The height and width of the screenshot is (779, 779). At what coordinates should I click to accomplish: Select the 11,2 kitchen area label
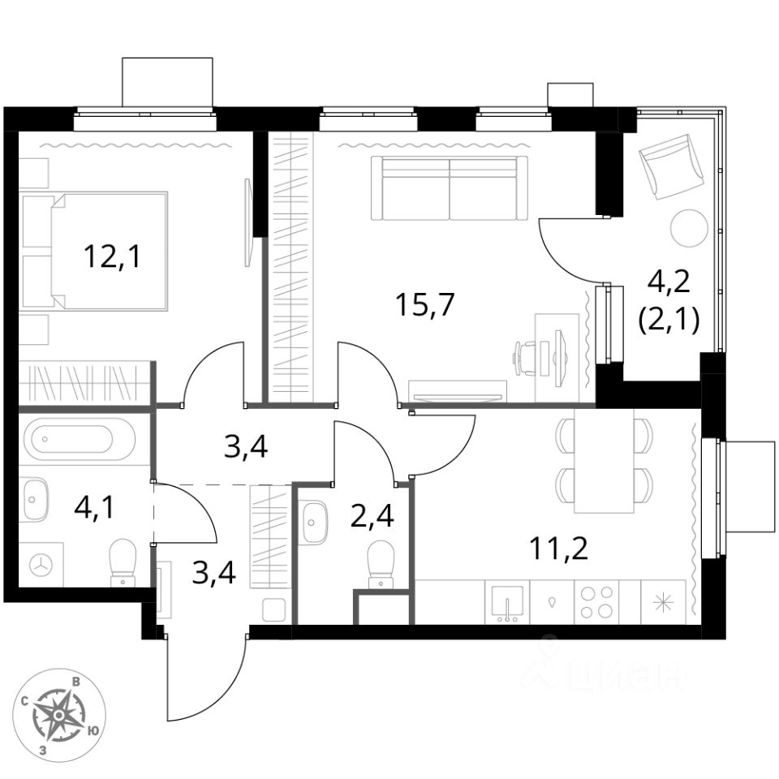558,549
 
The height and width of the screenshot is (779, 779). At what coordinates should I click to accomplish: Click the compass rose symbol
60,714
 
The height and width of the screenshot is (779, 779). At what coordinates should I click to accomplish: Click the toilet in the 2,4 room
381,562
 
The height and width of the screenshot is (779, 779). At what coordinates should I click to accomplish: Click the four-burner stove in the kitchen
596,602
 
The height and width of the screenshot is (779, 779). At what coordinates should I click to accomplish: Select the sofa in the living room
449,187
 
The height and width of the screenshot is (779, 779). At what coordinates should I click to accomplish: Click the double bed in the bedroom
97,251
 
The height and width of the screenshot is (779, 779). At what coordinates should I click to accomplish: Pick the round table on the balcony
689,228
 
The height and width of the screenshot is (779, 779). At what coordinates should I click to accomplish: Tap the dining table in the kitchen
604,461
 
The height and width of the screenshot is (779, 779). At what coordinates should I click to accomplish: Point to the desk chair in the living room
528,358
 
